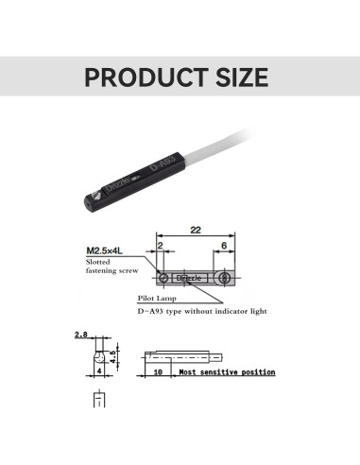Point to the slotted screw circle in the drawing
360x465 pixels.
pos(164,279)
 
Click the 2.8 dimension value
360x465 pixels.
pos(79,336)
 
